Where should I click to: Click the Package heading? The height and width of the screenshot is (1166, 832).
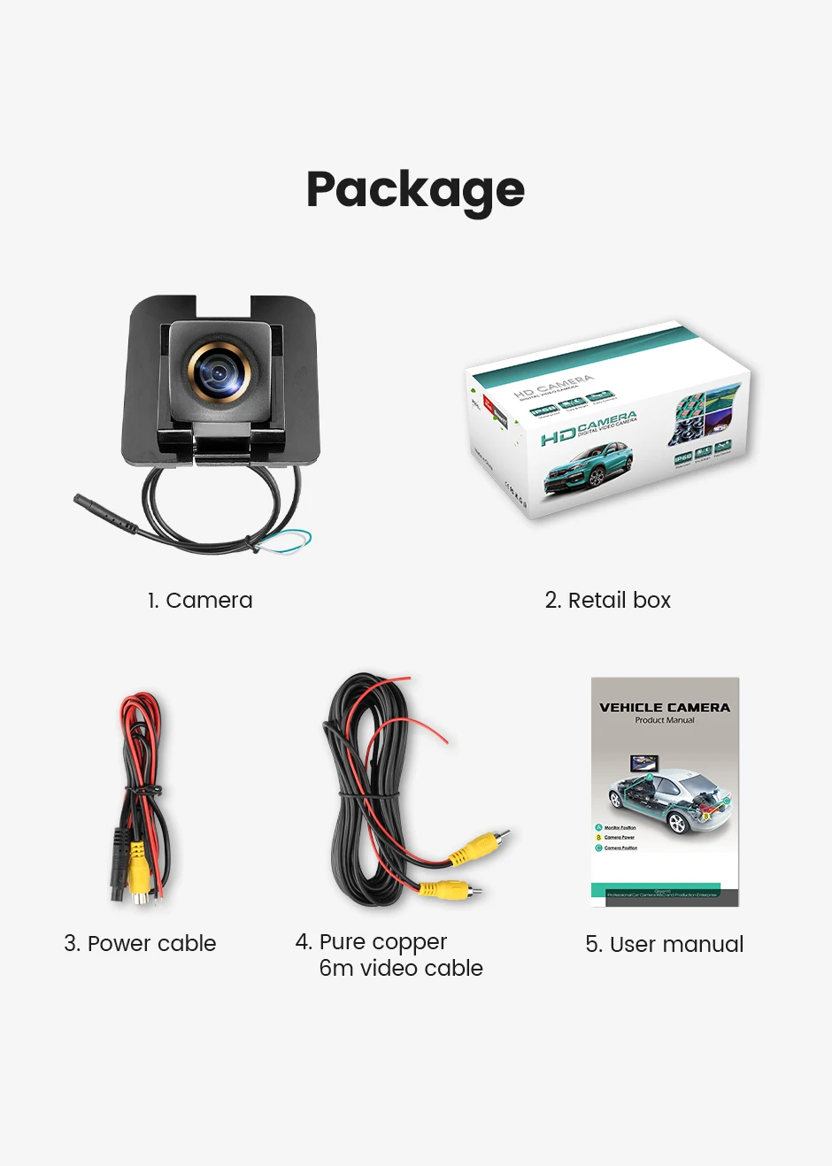415,190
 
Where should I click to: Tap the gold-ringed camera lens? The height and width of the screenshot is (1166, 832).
217,372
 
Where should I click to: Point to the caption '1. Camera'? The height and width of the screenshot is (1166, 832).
200,601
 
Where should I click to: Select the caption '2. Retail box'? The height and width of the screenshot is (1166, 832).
607,601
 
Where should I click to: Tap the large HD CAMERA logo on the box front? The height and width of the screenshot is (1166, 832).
588,428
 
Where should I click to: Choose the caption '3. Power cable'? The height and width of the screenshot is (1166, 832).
140,944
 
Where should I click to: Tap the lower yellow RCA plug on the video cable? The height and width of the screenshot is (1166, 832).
448,888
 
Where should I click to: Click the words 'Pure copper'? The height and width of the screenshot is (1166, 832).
382,941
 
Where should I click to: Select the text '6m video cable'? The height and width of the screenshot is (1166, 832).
401,969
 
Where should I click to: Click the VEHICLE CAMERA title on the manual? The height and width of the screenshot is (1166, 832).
665,708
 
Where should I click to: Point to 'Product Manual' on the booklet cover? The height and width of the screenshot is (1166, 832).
665,721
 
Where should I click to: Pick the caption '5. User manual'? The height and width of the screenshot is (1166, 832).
664,945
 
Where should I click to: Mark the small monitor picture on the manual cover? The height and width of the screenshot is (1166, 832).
643,763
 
